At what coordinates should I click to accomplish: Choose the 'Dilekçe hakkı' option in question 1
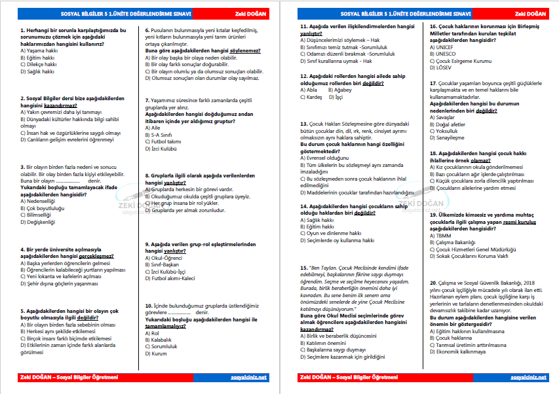tap(38, 64)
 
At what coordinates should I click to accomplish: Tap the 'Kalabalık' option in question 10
tap(161, 340)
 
